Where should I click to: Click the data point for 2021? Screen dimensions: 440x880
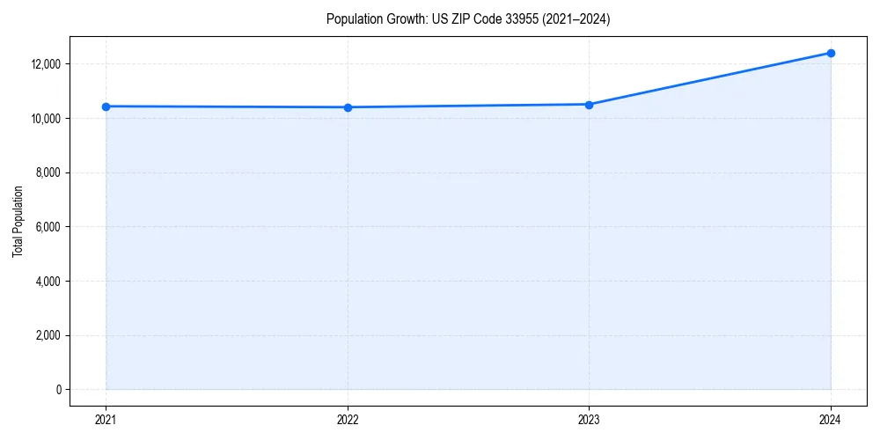point(106,106)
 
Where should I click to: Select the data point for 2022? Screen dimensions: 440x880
point(348,107)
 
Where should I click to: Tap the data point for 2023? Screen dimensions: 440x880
point(589,105)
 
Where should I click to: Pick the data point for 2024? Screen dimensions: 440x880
point(831,53)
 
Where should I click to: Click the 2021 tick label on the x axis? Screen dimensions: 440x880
point(106,419)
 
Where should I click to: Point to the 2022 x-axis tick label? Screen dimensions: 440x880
point(348,419)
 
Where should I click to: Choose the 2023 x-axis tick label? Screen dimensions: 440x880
point(589,419)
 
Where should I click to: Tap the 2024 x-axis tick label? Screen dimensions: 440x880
point(831,419)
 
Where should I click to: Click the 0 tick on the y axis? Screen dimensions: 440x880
point(58,390)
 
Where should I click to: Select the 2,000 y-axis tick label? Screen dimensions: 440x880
point(48,335)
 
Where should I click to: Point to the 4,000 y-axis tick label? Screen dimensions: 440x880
point(48,282)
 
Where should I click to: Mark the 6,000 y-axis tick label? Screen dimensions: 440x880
point(48,227)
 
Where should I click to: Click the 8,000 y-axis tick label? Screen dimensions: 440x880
point(48,172)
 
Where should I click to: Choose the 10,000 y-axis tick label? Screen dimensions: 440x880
point(45,119)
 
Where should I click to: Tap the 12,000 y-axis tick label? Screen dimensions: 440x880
point(45,64)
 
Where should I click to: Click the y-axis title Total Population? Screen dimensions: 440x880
point(18,221)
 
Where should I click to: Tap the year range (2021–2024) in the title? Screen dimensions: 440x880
point(576,19)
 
